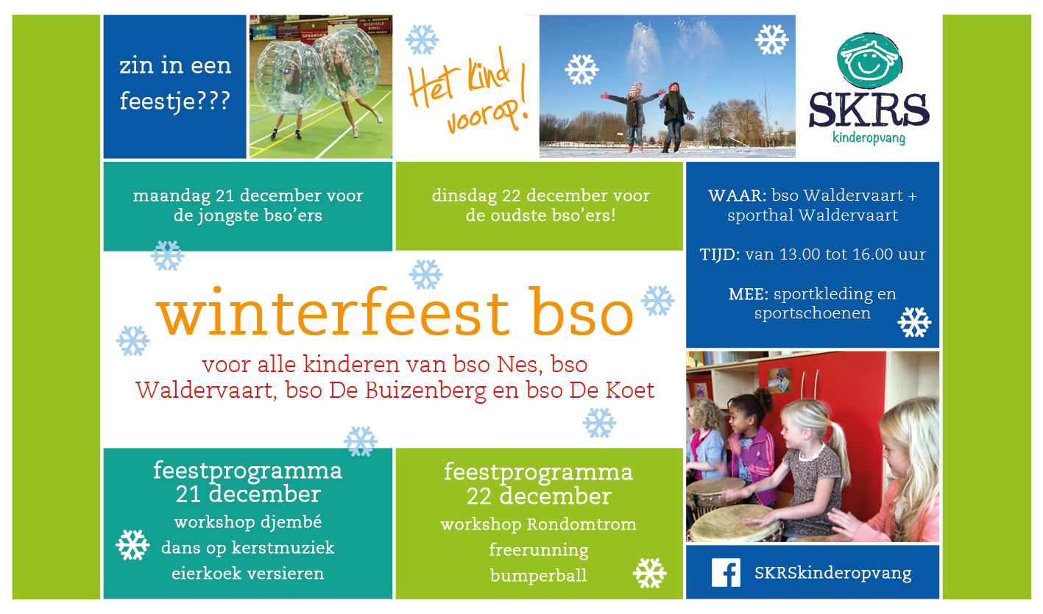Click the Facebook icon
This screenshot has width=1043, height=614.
(726, 573)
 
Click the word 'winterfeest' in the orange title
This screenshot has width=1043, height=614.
(333, 313)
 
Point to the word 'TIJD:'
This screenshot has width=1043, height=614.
(720, 255)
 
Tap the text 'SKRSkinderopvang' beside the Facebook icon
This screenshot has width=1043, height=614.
(832, 574)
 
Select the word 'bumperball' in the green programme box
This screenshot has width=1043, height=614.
(539, 575)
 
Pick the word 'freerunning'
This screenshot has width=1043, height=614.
(539, 550)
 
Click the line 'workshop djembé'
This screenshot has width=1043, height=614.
(247, 523)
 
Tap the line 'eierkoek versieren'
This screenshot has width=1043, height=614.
(247, 574)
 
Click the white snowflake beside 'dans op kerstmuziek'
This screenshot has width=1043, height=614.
(132, 545)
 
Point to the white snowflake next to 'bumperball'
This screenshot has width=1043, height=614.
(649, 573)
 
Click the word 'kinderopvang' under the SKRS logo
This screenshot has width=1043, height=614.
(869, 138)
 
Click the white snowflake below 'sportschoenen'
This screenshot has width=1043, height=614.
(914, 322)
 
